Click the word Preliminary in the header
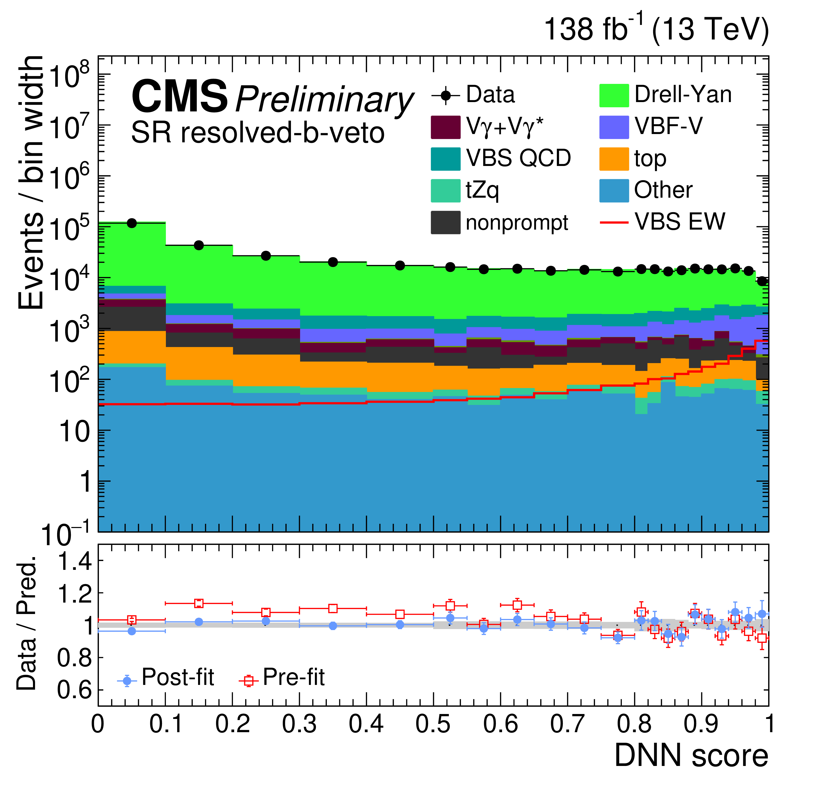click(324, 99)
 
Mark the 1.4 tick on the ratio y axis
click(74, 561)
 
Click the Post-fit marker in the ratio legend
click(127, 681)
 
